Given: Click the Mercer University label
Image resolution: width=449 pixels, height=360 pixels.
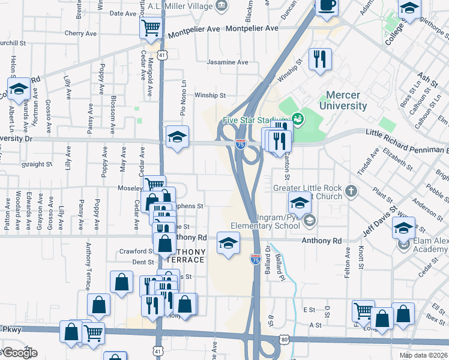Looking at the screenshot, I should tap(346, 101).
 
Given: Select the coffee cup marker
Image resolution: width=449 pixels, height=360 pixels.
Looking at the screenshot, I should tap(327, 6).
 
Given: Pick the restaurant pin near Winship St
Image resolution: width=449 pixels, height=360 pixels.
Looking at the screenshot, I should tap(319, 59).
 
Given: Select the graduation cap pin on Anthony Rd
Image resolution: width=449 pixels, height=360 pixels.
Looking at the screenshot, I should tap(228, 243).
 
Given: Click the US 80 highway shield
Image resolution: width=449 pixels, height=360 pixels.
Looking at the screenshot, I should tap(285, 340).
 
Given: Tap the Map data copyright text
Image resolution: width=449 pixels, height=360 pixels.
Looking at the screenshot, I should tap(423, 355).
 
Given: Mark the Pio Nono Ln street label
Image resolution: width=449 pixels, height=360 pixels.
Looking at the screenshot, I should tap(184, 98).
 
